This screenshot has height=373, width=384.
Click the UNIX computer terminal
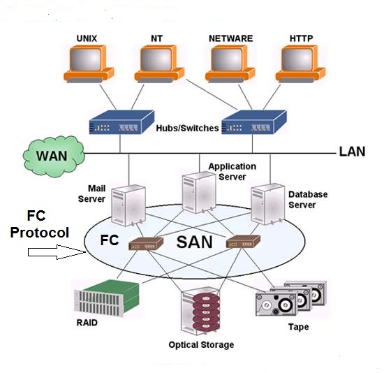[x=89, y=64]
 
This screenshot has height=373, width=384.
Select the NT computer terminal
[x=159, y=64]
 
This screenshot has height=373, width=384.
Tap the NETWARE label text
[x=230, y=38]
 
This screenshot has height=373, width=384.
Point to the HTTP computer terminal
[x=300, y=64]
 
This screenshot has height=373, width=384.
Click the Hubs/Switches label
[x=187, y=128]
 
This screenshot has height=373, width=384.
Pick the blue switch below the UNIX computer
[x=121, y=122]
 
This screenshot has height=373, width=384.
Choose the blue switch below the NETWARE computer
[x=254, y=122]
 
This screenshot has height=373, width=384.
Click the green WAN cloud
[x=54, y=156]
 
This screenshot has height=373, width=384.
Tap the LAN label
[x=352, y=152]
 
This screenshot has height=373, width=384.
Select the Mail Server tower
[x=128, y=205]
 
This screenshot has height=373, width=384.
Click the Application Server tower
[x=199, y=192]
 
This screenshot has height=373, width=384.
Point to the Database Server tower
[x=268, y=204]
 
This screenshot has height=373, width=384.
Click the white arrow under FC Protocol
[x=57, y=252]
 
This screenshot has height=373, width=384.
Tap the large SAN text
[x=195, y=242]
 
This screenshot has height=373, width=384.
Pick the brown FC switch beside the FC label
[x=146, y=244]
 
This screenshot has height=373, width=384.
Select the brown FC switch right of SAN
[x=243, y=242]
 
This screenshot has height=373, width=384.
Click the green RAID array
[x=107, y=298]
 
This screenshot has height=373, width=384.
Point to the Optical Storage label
[x=201, y=345]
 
